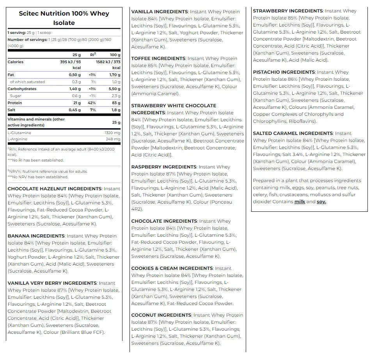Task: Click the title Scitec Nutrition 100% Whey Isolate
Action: click(64, 18)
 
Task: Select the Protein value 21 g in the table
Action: click(76, 103)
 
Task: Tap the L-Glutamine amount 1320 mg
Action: click(113, 133)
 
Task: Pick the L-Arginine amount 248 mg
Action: click(114, 139)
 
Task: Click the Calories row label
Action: click(16, 62)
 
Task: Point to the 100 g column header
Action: click(115, 55)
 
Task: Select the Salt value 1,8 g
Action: click(115, 110)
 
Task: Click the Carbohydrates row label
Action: click(22, 89)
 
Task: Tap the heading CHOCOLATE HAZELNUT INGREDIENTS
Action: click(55, 189)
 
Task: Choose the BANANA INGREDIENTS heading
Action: click(36, 236)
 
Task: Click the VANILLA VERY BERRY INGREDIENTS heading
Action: click(52, 283)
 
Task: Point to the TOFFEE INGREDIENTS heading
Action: click(158, 59)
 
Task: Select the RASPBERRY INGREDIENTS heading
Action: click(164, 167)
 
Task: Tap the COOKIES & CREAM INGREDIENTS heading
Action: click(172, 268)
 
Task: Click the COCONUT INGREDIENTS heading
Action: click(161, 315)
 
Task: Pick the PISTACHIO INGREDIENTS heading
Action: click(284, 72)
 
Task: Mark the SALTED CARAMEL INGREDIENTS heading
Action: click(293, 133)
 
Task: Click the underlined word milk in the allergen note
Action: click(300, 202)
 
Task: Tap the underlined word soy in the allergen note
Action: click(321, 202)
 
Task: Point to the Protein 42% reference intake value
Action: click(93, 103)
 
